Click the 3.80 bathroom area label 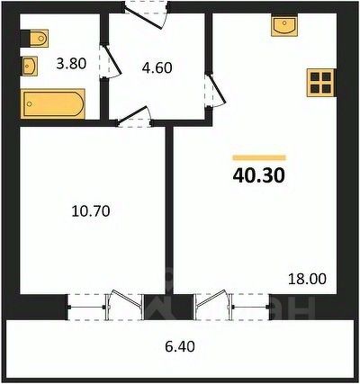click(71, 64)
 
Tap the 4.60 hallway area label click(157, 67)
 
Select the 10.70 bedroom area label click(91, 211)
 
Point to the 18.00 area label click(307, 279)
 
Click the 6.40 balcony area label click(180, 347)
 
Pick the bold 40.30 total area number click(258, 175)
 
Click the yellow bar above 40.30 click(259, 157)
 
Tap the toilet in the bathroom click(35, 39)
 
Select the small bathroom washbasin click(30, 66)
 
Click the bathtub click(52, 103)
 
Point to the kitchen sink click(284, 25)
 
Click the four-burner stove click(320, 83)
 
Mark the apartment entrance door click(146, 15)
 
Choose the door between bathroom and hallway click(111, 61)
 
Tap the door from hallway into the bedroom click(134, 117)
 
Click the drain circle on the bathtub click(29, 103)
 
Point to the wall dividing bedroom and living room click(169, 210)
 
